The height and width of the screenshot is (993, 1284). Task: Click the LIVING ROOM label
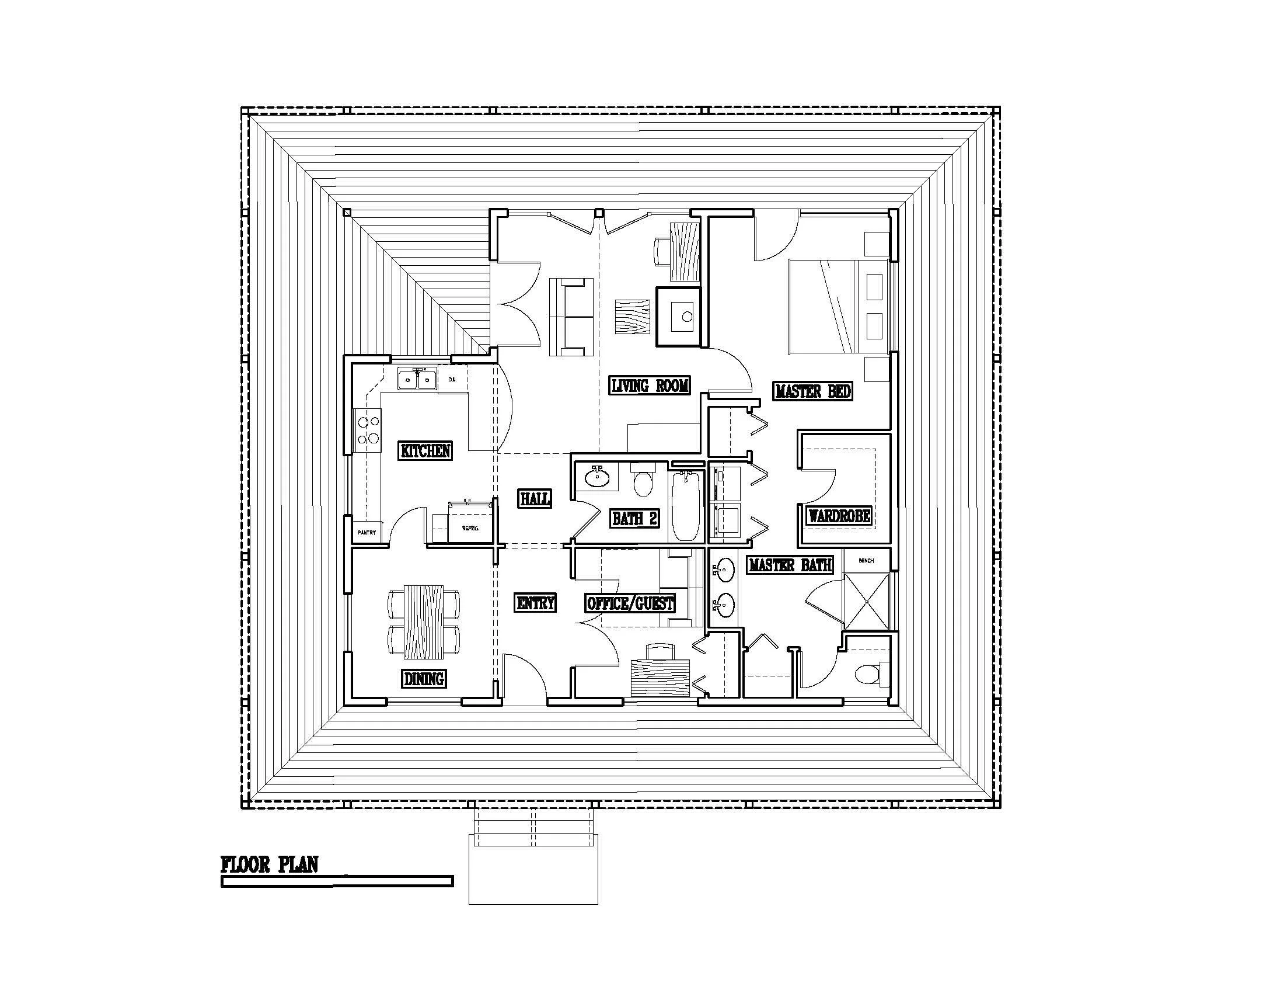coord(649,386)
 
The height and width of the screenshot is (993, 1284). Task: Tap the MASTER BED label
coord(813,391)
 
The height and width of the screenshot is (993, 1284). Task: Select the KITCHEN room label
coord(425,451)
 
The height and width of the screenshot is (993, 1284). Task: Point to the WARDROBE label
coord(839,516)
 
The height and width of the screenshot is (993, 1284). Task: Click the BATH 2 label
coord(634,518)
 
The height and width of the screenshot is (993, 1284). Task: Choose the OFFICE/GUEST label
coord(630,603)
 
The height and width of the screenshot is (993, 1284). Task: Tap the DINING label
coord(424,679)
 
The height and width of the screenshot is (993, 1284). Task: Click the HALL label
coord(535,499)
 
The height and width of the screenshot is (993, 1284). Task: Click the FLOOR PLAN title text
coord(269,864)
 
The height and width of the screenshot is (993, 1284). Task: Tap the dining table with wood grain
coord(424,622)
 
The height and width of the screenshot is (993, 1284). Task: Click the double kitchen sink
coord(417,380)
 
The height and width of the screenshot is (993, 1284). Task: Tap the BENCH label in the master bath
coord(866,561)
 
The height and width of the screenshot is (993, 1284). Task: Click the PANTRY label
coord(367,532)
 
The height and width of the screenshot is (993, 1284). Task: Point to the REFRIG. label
coord(470,528)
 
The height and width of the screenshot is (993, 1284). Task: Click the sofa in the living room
coord(571,317)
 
